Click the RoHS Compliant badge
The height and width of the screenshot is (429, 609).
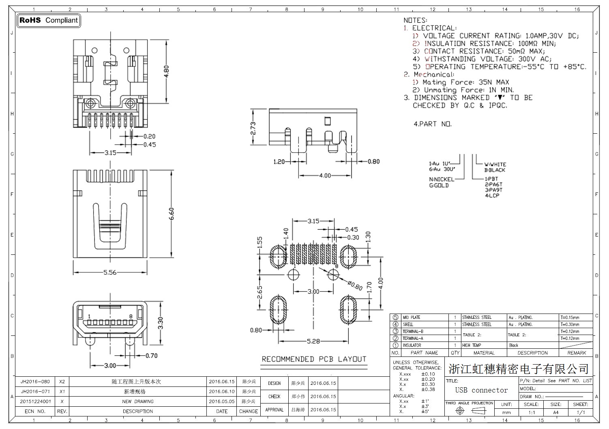coord(49,20)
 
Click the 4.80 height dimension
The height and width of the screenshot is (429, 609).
coord(166,71)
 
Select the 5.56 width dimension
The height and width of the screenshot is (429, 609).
coord(110,273)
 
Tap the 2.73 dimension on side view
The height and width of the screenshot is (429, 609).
coord(253,128)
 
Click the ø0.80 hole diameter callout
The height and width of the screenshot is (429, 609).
coord(355,285)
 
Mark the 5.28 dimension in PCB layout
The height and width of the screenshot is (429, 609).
coord(313,341)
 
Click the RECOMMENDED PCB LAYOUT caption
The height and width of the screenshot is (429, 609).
coord(314,359)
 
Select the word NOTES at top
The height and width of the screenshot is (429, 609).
coord(415,20)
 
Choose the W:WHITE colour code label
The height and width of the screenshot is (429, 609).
coord(495,164)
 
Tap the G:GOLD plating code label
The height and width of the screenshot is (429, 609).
coord(439,186)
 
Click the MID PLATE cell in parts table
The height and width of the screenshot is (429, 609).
coord(412,318)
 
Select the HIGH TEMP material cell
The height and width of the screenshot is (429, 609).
coord(472,346)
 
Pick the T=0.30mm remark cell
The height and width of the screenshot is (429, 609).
coord(570,324)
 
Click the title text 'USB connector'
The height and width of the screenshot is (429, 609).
coord(481,390)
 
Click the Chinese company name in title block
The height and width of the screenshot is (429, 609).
coord(518,369)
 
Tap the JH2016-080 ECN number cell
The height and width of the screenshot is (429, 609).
coord(35,382)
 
